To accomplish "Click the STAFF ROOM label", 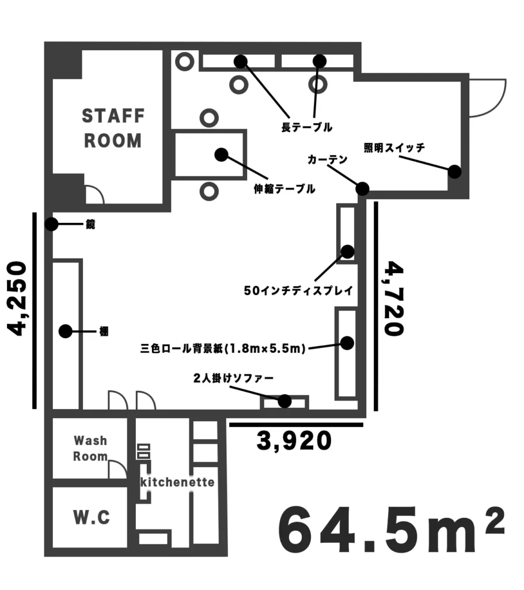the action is [x=113, y=128].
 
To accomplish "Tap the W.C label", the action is [x=92, y=517].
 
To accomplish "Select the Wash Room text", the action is [x=90, y=448].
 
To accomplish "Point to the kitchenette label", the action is [x=177, y=482].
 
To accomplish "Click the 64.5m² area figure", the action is [x=391, y=530].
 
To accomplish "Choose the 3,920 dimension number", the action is [x=294, y=441].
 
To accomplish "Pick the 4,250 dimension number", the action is [x=17, y=298].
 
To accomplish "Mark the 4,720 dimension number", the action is [x=394, y=298].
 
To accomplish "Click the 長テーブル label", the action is [x=306, y=127].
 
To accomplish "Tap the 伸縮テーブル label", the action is [x=284, y=188].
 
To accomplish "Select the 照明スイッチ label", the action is [x=394, y=147].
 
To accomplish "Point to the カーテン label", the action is [x=327, y=160].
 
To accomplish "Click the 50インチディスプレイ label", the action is [x=299, y=290].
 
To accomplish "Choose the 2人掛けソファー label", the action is [x=233, y=378].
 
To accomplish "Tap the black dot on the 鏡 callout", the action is [x=51, y=224].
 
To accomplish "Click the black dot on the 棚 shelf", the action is [x=66, y=331].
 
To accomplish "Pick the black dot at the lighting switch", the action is [x=454, y=172].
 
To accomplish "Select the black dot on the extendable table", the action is [x=221, y=154].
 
